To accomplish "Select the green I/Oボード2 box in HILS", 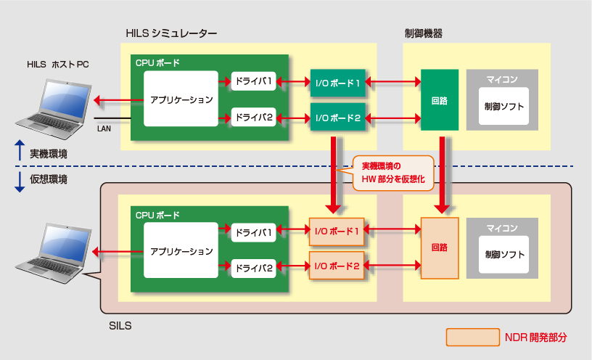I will pos(337,116).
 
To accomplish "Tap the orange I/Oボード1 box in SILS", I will pos(337,231).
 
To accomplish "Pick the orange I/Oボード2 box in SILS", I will pos(337,266).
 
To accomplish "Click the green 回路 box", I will pos(440,99).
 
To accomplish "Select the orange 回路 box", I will pos(440,247).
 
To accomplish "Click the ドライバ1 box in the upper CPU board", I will pos(253,82).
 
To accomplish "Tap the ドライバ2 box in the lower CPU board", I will pos(253,268).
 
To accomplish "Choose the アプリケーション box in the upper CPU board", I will pos(181,99).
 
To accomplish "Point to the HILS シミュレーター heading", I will pos(171,33).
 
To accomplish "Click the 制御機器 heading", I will pos(423,33).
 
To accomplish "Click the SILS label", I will pos(120,326).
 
